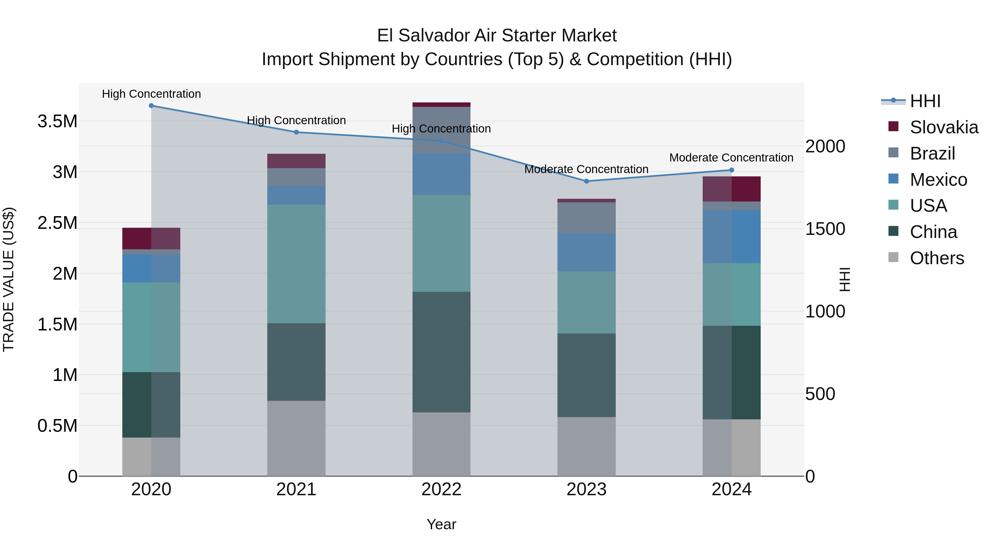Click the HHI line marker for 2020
click(x=151, y=106)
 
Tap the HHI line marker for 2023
click(x=586, y=181)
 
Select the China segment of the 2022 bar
click(x=442, y=352)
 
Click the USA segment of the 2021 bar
click(x=296, y=264)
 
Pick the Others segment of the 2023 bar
click(x=586, y=446)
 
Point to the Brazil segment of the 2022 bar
click(x=442, y=130)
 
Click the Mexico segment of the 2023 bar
click(x=586, y=252)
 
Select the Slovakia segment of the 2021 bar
click(x=296, y=161)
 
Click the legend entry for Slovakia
click(x=943, y=127)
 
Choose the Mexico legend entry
click(x=938, y=180)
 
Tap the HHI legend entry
click(x=925, y=101)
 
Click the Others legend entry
click(x=937, y=258)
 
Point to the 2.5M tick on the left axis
click(x=57, y=223)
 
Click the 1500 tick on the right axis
click(x=825, y=229)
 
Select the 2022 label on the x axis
click(x=442, y=489)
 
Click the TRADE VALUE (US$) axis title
click(x=9, y=279)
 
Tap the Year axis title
click(x=442, y=524)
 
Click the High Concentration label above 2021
click(x=296, y=120)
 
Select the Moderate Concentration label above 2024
click(x=731, y=158)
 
